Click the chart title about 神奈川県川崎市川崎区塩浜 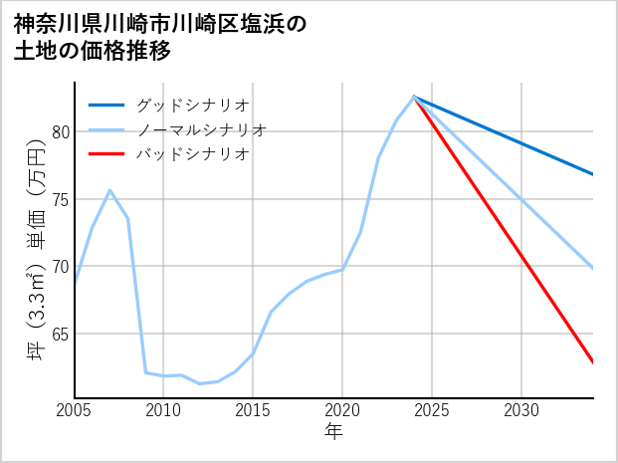160,37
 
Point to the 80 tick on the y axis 59,131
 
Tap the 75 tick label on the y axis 59,199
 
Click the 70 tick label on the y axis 59,267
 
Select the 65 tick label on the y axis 59,335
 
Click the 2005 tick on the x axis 75,410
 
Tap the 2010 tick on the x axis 163,410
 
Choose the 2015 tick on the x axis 253,410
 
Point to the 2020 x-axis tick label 342,410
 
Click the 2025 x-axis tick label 432,410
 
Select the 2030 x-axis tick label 521,410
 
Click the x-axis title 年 333,432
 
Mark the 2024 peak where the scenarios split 414,97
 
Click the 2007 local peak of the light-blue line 109,190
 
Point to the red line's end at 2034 593,362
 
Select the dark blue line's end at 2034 593,174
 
